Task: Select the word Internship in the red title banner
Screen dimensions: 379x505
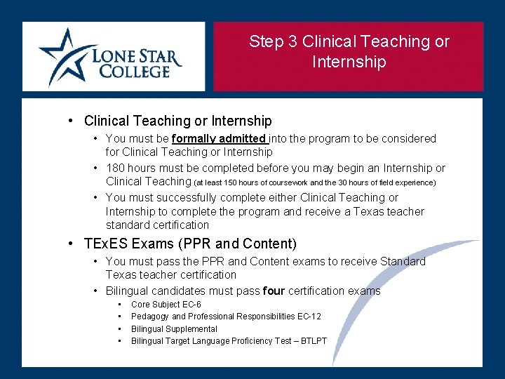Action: (x=349, y=62)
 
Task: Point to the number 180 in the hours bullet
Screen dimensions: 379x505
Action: (x=116, y=168)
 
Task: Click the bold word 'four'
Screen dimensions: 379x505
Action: (x=274, y=291)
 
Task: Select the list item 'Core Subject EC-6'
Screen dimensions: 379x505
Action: (x=166, y=305)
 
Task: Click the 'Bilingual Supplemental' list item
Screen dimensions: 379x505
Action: (x=174, y=329)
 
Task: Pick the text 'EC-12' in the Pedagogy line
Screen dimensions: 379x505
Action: (x=309, y=317)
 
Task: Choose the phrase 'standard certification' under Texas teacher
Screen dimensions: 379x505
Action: (x=157, y=225)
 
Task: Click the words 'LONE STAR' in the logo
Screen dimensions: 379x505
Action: (x=136, y=55)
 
